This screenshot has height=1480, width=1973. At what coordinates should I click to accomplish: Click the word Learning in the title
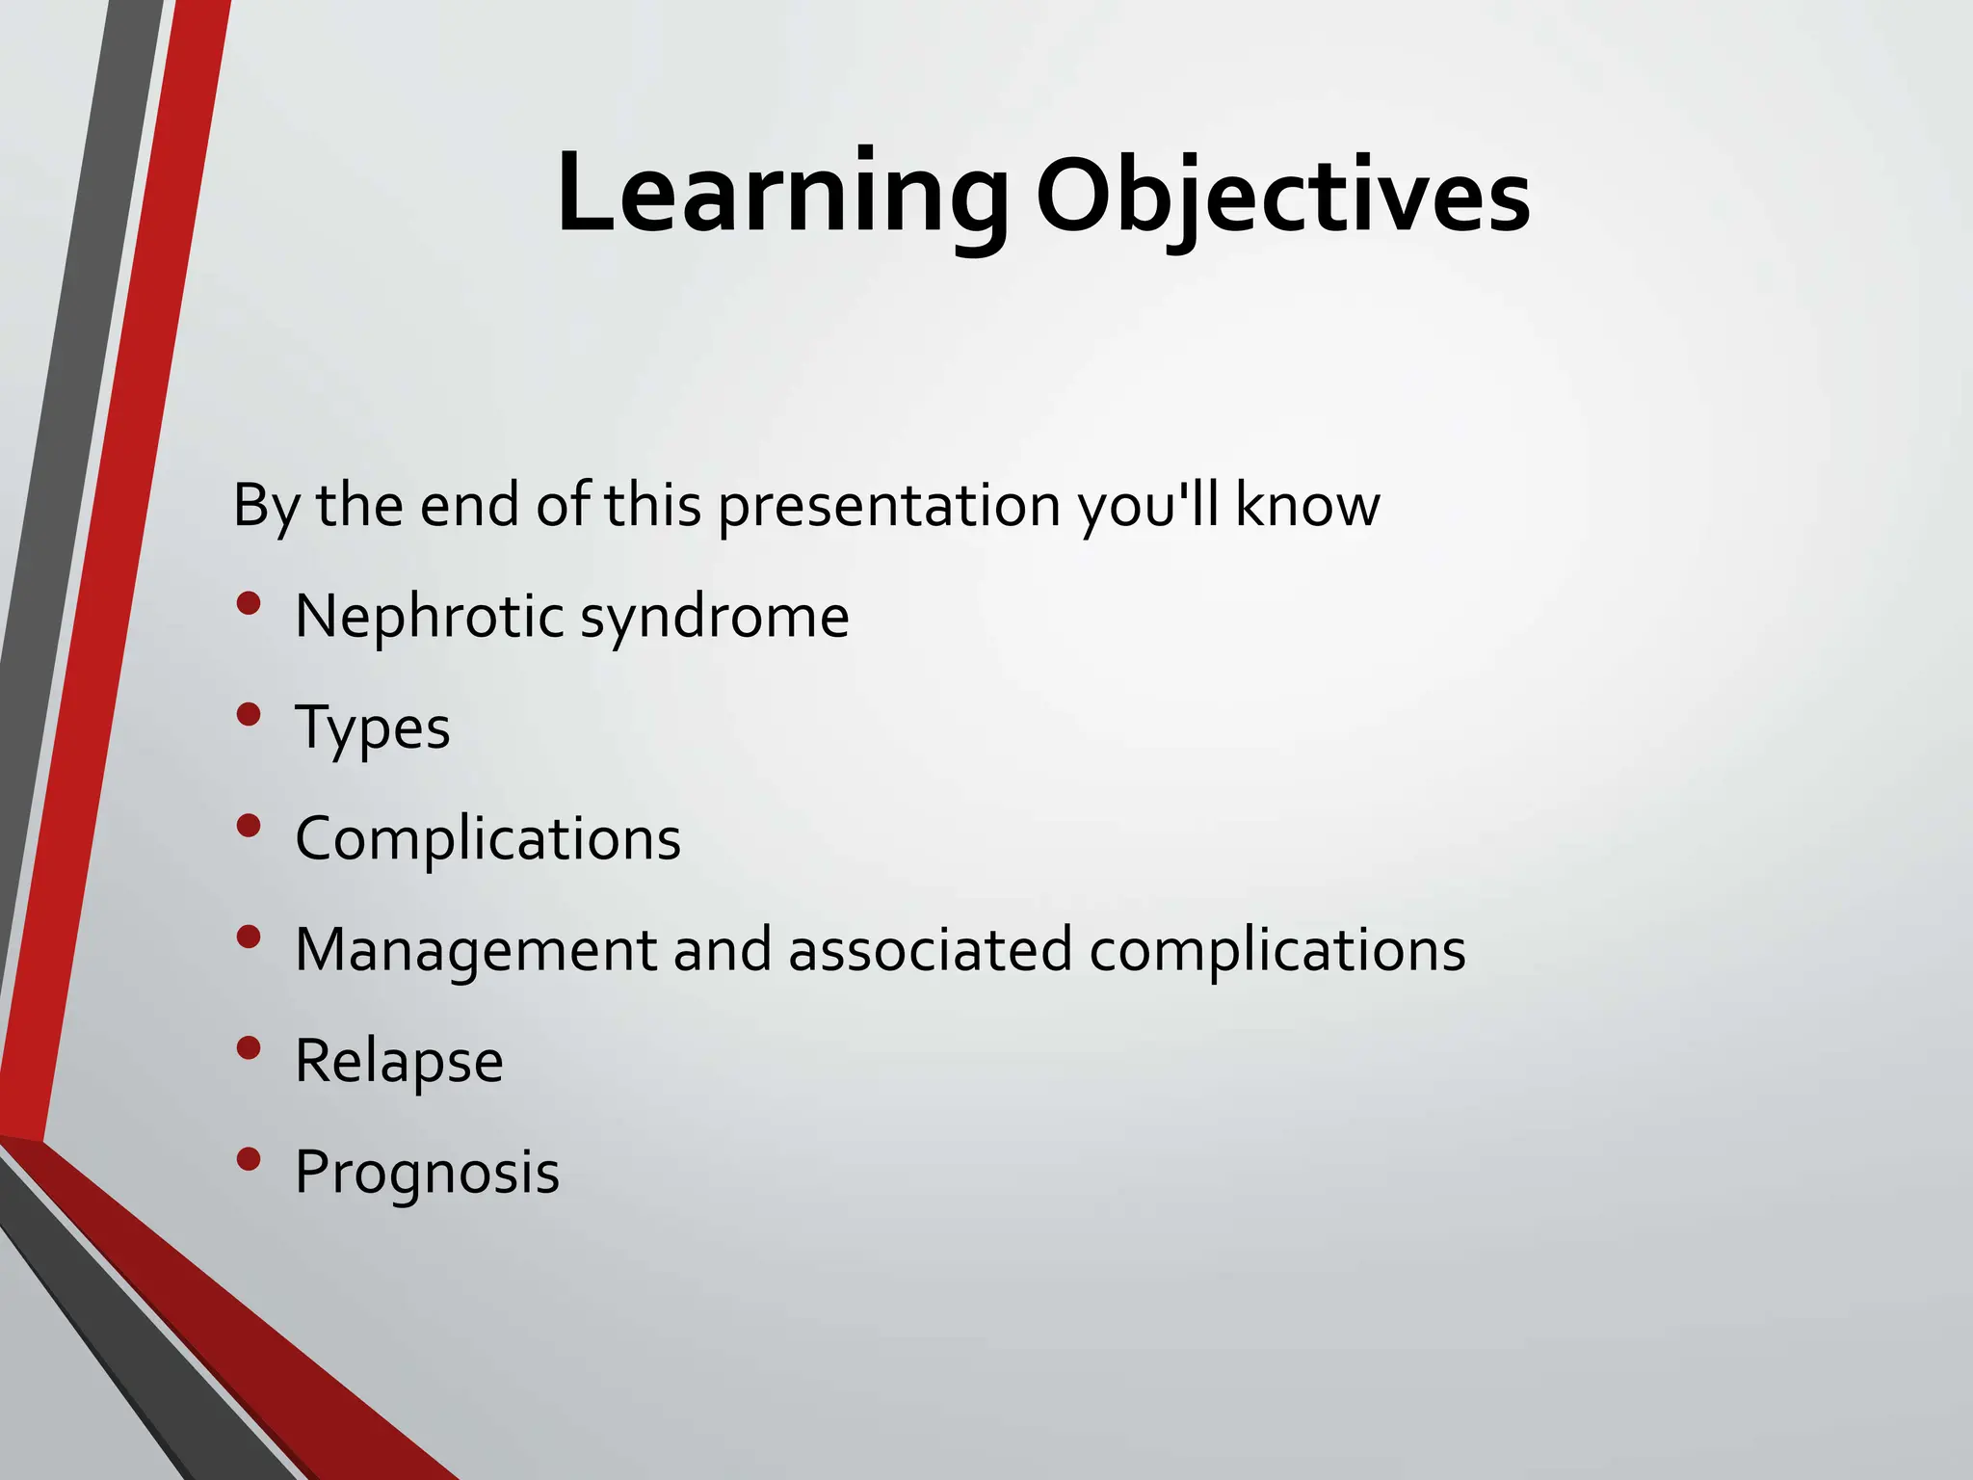(x=782, y=193)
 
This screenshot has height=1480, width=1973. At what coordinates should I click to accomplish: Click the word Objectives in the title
(x=1282, y=198)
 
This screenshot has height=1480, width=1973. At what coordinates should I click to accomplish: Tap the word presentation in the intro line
(x=888, y=506)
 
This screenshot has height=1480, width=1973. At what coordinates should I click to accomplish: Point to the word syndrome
(x=714, y=618)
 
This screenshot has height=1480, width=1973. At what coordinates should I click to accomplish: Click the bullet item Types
(x=372, y=728)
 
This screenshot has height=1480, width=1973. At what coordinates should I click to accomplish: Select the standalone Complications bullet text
(x=487, y=838)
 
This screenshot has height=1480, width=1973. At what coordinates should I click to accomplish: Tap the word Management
(x=476, y=951)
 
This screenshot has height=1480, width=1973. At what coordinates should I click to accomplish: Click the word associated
(x=930, y=950)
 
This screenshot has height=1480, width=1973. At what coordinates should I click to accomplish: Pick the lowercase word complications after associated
(x=1276, y=951)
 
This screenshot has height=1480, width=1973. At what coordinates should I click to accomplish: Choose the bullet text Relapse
(x=399, y=1062)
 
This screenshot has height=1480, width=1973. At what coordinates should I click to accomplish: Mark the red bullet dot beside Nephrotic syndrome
(x=249, y=604)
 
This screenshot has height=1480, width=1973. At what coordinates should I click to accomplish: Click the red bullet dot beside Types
(x=249, y=715)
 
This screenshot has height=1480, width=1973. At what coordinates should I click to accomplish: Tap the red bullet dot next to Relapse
(x=249, y=1048)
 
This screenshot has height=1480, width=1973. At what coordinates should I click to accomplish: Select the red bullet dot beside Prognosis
(x=249, y=1159)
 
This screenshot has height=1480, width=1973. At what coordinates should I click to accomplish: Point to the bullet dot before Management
(x=249, y=938)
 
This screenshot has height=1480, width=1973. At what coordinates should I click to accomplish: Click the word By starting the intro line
(x=266, y=506)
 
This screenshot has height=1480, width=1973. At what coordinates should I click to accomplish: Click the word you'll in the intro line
(x=1148, y=506)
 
